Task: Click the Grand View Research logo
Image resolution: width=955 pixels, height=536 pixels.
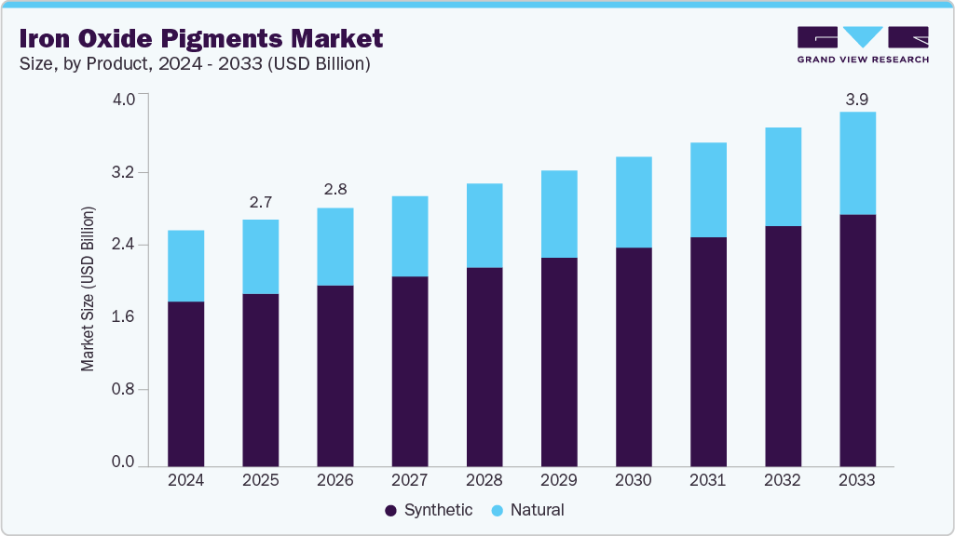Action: [863, 44]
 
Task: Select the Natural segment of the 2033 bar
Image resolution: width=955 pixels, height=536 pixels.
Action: [857, 163]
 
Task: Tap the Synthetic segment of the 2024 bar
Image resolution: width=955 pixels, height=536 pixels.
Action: [185, 383]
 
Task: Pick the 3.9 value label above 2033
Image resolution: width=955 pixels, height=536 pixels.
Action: [857, 99]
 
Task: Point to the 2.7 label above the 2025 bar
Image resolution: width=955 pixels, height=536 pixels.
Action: [260, 203]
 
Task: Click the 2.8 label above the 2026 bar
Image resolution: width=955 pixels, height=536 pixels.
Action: [334, 190]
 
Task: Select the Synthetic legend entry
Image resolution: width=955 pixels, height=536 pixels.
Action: [429, 510]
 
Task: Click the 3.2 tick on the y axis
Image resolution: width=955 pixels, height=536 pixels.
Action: [124, 173]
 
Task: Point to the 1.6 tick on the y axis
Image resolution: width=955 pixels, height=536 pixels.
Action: [124, 317]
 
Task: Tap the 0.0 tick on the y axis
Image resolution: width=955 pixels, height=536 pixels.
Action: [124, 462]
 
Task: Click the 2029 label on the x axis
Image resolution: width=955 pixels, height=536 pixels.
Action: [558, 481]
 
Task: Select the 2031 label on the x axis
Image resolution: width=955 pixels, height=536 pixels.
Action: [708, 481]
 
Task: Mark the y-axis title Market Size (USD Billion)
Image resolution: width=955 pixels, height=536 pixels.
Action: [88, 289]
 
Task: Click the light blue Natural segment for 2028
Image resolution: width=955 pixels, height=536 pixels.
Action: [484, 225]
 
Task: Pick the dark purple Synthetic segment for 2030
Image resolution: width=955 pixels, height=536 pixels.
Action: [634, 356]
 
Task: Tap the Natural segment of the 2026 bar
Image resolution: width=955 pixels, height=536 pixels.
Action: [334, 247]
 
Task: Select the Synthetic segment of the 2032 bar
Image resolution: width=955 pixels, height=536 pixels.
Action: [783, 345]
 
